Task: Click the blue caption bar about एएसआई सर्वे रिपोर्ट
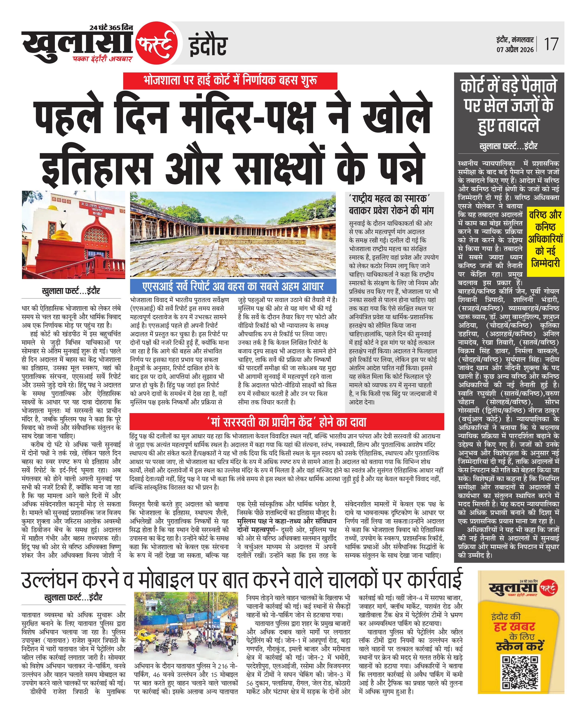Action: (233, 286)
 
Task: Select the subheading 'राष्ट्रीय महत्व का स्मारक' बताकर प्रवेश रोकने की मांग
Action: (392, 205)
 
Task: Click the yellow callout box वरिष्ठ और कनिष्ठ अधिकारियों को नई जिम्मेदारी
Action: (545, 239)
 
